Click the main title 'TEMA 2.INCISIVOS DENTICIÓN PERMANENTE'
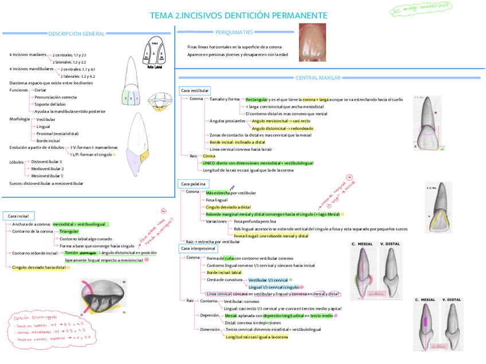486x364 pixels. (x=238, y=15)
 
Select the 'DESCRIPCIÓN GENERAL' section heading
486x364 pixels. (x=76, y=34)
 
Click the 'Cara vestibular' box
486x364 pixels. (x=194, y=90)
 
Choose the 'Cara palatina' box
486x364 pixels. (x=193, y=184)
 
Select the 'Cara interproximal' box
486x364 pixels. (x=198, y=248)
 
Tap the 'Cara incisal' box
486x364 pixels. (x=18, y=216)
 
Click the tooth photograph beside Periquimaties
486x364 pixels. (x=312, y=42)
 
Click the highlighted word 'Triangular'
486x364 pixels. (x=69, y=231)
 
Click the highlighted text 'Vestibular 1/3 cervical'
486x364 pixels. (x=268, y=280)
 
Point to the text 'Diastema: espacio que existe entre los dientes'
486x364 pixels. (x=51, y=83)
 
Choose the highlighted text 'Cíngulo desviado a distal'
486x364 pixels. (x=228, y=207)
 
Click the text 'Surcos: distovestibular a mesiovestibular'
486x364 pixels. (x=46, y=183)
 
